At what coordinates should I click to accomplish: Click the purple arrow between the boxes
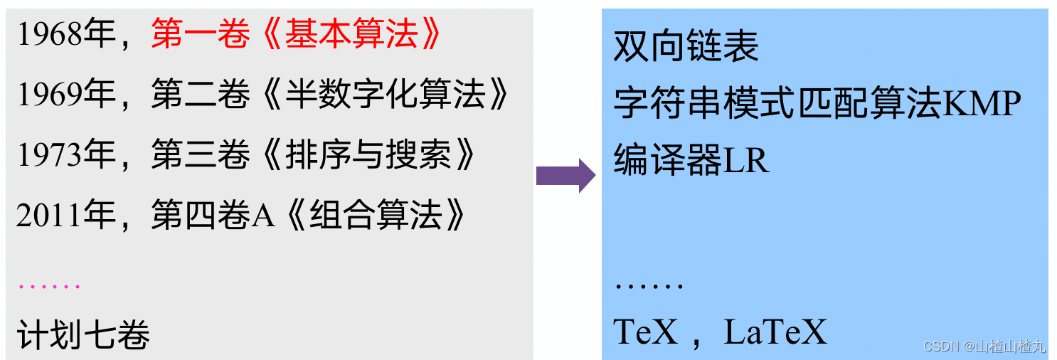pos(565,175)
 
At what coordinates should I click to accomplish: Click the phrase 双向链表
pos(686,47)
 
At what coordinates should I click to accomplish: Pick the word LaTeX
pos(775,332)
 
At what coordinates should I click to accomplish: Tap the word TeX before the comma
pos(646,332)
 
